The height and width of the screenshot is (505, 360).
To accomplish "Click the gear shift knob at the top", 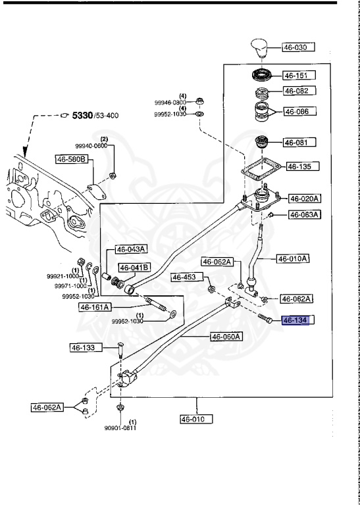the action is (261, 49).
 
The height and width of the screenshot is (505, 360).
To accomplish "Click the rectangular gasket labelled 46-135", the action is (263, 168).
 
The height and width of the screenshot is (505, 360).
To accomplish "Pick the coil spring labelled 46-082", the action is (264, 93).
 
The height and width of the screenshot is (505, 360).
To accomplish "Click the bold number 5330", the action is (82, 115).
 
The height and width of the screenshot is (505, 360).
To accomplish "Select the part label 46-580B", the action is (72, 158).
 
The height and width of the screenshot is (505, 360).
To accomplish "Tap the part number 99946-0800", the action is (170, 103).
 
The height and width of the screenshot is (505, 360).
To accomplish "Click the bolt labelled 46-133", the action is (120, 350).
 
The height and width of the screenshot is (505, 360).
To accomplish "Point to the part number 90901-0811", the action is (120, 428).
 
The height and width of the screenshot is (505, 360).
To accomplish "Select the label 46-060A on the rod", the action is (226, 337).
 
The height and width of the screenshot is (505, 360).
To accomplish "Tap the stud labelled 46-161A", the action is (156, 305).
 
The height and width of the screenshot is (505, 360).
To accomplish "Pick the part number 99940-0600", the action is (91, 146).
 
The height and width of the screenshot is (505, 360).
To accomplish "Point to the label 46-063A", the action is (305, 214).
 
